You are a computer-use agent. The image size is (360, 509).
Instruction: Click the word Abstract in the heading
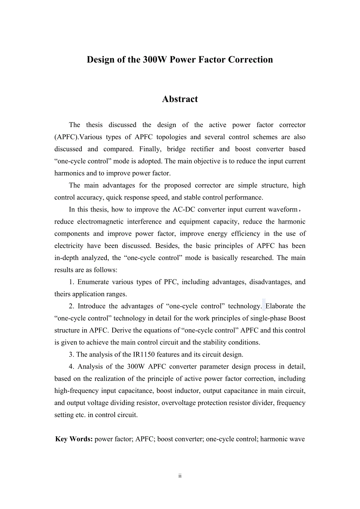pyautogui.click(x=180, y=99)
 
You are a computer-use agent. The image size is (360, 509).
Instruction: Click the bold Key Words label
pyautogui.click(x=74, y=439)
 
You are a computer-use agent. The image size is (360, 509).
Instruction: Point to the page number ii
pyautogui.click(x=180, y=476)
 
